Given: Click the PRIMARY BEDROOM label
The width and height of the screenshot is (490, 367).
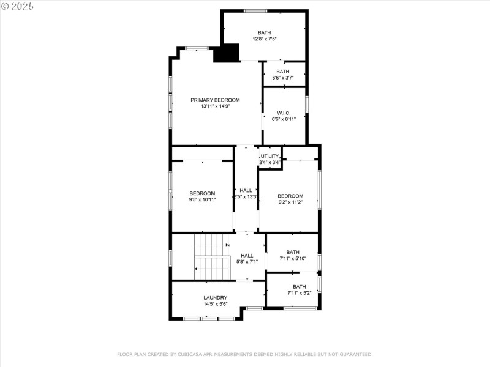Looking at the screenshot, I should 215,100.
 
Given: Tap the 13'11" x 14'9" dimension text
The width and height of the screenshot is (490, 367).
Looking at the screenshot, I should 215,106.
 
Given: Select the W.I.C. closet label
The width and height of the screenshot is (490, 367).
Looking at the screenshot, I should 284,113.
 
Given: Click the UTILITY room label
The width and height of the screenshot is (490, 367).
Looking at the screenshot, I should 270,156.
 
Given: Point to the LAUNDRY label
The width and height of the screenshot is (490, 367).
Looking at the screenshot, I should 215,298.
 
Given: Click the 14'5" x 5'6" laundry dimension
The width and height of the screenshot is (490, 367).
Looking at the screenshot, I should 215,304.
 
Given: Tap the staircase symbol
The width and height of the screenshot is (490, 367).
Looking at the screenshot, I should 210,257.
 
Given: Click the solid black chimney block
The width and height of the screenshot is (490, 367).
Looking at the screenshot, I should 225,53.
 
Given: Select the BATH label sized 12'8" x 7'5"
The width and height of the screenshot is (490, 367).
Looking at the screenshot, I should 264,32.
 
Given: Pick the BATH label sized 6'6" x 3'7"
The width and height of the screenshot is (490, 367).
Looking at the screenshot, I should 282,72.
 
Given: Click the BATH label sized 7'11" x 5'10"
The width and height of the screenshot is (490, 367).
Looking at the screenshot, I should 293,252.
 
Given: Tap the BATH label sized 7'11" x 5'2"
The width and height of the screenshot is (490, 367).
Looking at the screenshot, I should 299,286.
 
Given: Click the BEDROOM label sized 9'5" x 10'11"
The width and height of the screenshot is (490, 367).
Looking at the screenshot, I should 202,193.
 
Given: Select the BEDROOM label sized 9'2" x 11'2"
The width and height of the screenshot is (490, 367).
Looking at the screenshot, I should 290,196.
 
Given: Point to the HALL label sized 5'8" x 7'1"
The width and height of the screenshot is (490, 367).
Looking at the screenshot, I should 247,256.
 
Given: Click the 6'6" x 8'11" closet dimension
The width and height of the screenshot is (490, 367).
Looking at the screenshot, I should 284,119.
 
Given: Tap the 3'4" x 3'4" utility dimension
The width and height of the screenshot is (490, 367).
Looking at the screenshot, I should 269,163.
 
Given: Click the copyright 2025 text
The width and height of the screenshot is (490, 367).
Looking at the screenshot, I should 18,6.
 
